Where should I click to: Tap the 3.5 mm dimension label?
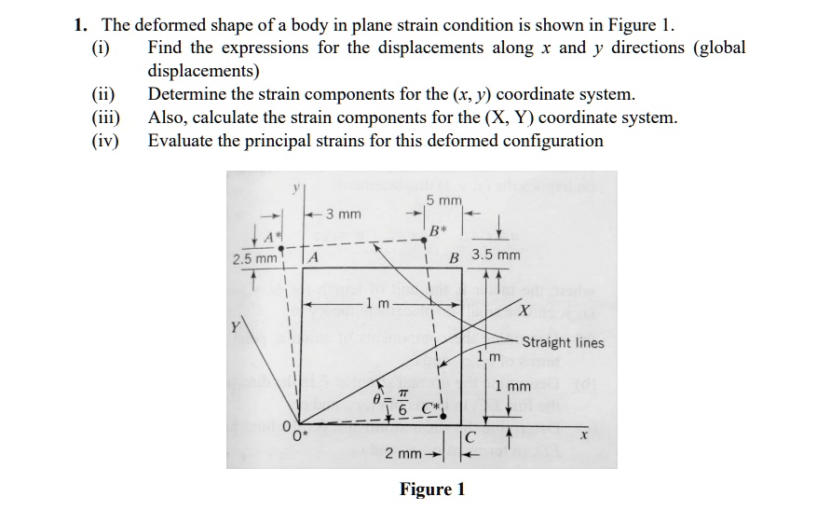[x=496, y=255]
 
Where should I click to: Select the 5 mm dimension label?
[x=443, y=201]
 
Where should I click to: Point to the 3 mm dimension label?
[x=344, y=214]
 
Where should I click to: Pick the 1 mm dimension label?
[x=512, y=386]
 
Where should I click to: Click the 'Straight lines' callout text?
[x=563, y=343]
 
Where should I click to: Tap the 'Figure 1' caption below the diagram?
[x=431, y=490]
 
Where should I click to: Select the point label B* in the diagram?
[x=437, y=230]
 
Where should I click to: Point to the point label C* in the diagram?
[x=430, y=407]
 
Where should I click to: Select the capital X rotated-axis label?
[x=524, y=309]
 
